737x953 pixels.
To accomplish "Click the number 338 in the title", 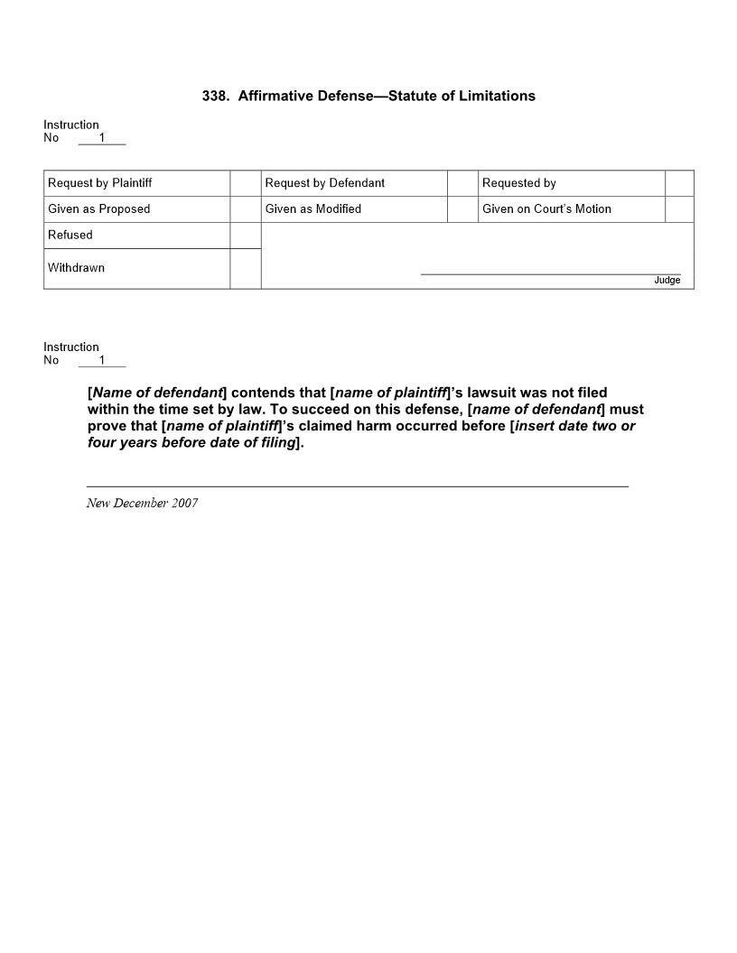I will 214,96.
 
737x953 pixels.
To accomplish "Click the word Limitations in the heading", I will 496,96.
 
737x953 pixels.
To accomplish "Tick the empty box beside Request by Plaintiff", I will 246,183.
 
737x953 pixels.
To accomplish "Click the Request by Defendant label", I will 325,183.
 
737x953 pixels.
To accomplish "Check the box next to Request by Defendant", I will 462,183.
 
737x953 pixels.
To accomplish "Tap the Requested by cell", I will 519,183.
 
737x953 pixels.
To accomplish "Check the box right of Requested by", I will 679,183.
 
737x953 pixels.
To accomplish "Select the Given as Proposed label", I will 99,209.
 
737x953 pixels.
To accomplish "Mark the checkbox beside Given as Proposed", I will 246,209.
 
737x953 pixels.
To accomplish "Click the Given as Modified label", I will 313,209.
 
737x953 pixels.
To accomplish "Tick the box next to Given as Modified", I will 462,209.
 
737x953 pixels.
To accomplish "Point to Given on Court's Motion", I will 546,209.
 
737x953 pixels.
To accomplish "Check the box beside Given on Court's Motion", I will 679,209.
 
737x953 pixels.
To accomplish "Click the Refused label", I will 70,236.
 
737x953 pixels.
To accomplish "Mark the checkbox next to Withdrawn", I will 246,269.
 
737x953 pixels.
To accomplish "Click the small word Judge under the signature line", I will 667,281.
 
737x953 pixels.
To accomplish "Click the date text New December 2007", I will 142,504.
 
